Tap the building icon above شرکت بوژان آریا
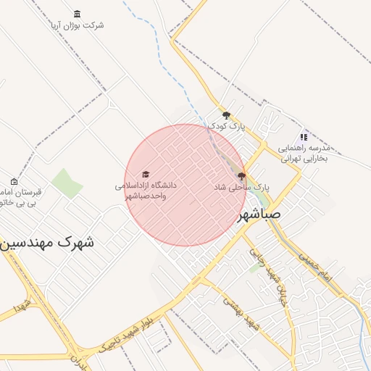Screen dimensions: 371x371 pyautogui.click(x=78, y=14)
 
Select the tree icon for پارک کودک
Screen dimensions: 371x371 pyautogui.click(x=227, y=114)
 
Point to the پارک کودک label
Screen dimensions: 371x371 pyautogui.click(x=227, y=126)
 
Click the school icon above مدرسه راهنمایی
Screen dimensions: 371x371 pyautogui.click(x=304, y=137)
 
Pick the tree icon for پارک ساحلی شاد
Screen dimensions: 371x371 pyautogui.click(x=241, y=175)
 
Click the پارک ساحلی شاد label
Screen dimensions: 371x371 pyautogui.click(x=241, y=187)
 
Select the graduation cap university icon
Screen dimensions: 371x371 pyautogui.click(x=146, y=175)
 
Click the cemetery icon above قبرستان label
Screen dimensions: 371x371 pyautogui.click(x=14, y=181)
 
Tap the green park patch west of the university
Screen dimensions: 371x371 pyautogui.click(x=67, y=183)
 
